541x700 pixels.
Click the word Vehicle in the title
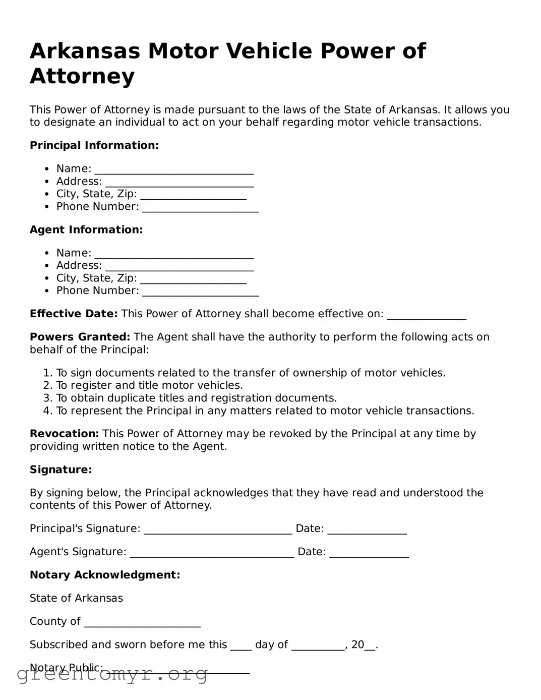[271, 51]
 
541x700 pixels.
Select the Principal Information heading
[94, 146]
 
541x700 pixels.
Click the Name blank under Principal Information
[174, 169]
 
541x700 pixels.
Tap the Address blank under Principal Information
[179, 182]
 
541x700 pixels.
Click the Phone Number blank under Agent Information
[200, 291]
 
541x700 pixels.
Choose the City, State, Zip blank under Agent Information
[193, 279]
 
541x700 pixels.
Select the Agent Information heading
[86, 230]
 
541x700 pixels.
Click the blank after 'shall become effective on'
[426, 315]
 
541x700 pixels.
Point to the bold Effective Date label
[74, 314]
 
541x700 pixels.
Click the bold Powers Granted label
[80, 337]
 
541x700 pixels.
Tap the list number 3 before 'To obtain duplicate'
[47, 398]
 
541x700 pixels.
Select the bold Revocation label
[64, 434]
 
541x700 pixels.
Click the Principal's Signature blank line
[218, 530]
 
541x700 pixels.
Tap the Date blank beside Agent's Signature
[369, 553]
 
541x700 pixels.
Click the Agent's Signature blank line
[212, 553]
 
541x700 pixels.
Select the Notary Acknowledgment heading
[105, 575]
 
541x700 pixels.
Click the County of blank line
[142, 622]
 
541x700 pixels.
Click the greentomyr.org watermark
[112, 674]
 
